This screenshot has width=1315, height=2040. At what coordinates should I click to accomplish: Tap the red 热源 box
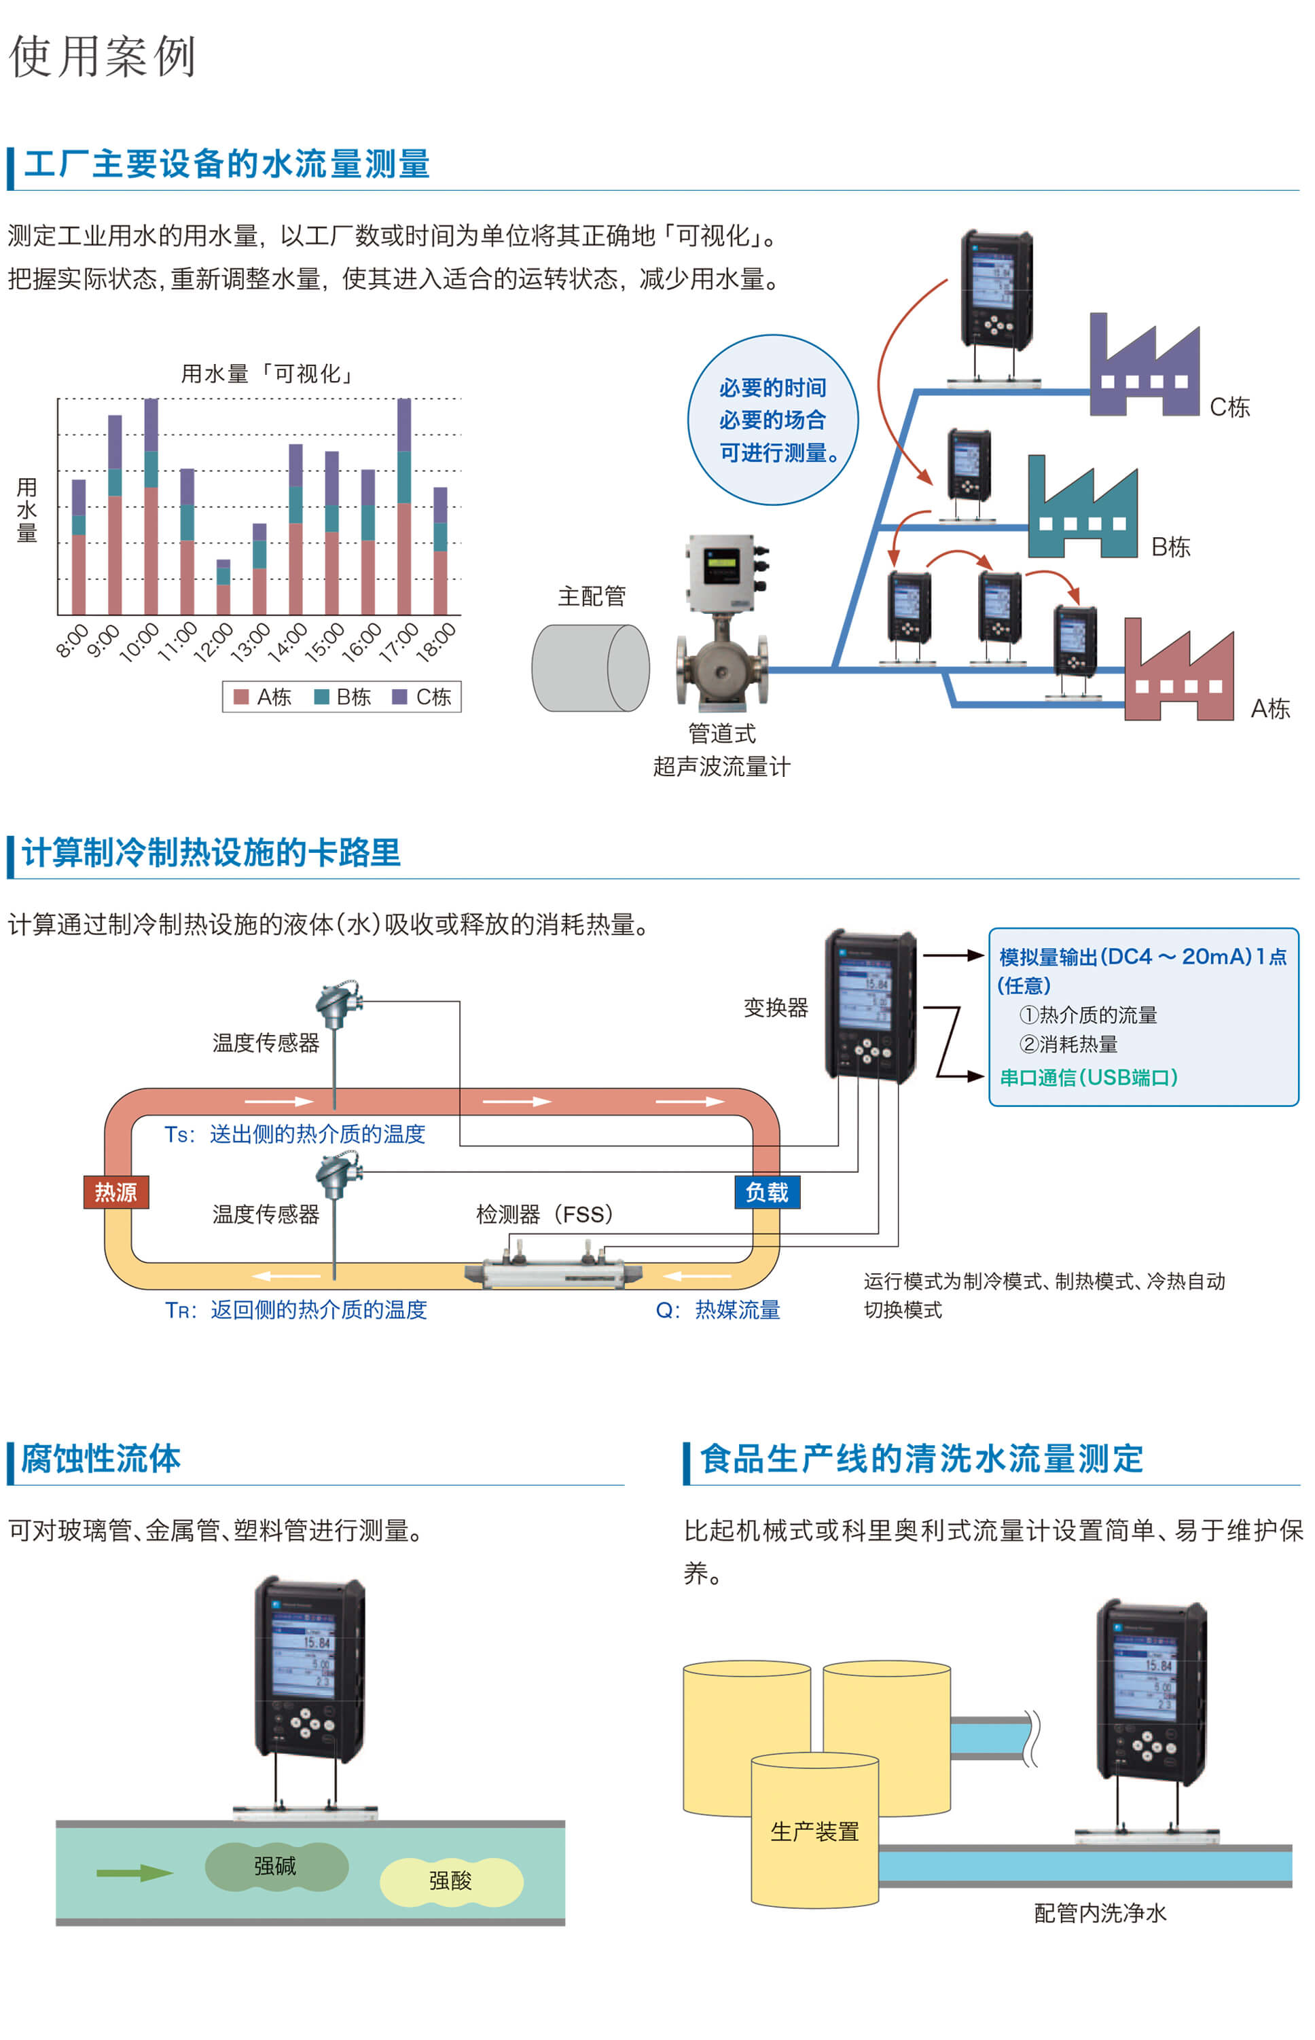(116, 1192)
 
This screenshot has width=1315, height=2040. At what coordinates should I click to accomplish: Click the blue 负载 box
(767, 1192)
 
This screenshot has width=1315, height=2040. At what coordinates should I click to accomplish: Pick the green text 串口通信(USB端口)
(1088, 1077)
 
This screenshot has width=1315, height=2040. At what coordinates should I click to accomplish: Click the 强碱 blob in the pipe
(276, 1866)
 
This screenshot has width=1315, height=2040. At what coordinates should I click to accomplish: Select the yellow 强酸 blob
(451, 1880)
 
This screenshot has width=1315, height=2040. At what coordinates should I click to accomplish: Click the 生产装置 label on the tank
(814, 1832)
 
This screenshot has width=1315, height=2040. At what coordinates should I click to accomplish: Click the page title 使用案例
(103, 56)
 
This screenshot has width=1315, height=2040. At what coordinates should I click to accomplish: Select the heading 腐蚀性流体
(101, 1459)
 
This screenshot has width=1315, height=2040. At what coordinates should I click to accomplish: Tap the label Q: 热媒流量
(717, 1309)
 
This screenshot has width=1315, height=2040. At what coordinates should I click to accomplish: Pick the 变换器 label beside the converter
(775, 1008)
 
